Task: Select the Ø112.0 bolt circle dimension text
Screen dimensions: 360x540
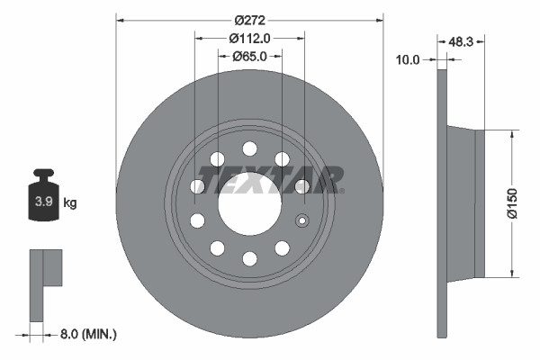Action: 249,38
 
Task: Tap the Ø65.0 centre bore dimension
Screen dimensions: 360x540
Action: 249,56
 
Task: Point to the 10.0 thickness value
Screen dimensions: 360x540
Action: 409,60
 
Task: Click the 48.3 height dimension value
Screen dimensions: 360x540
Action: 461,41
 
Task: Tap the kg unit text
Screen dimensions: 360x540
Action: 70,203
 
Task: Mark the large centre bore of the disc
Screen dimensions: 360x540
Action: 248,203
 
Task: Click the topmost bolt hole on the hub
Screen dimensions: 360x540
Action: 249,148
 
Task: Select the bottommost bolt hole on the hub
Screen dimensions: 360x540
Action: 249,259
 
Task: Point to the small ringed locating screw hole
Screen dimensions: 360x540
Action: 302,221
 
